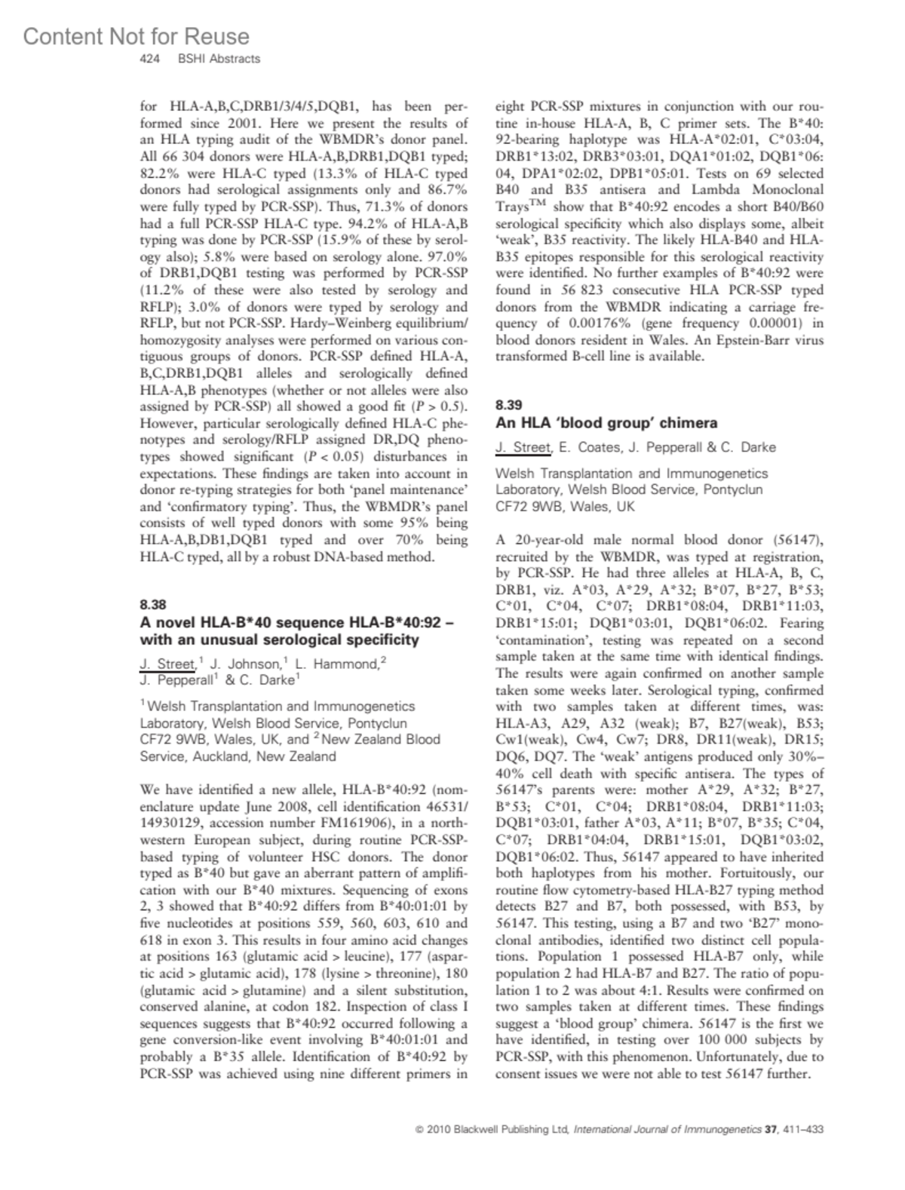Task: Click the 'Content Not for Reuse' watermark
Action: click(x=136, y=36)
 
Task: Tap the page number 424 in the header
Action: click(x=152, y=59)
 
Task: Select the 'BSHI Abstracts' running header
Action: click(x=219, y=59)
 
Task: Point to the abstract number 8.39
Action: click(x=508, y=405)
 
